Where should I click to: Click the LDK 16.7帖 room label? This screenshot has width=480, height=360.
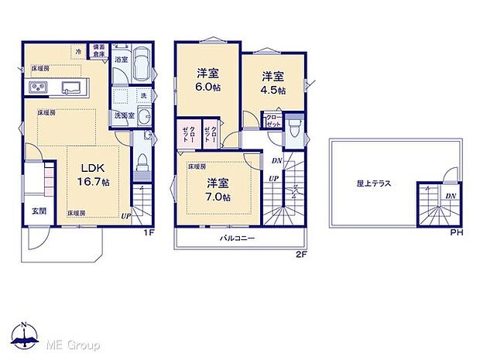(x=91, y=174)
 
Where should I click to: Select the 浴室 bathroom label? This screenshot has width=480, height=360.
(x=121, y=59)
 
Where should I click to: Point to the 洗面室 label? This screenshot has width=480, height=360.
(x=124, y=115)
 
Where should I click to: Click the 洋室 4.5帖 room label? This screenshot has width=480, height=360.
(x=272, y=83)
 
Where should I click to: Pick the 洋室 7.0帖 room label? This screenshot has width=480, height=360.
(x=217, y=190)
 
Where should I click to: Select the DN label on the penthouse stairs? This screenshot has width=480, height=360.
(x=450, y=197)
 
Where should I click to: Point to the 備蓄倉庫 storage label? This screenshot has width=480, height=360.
(x=99, y=51)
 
